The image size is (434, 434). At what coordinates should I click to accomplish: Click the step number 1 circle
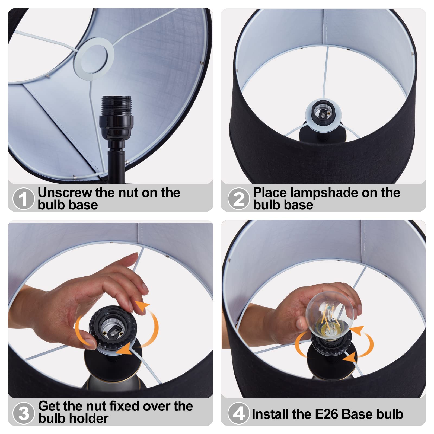pos(23,199)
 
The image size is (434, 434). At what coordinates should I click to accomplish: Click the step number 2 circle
pos(238,199)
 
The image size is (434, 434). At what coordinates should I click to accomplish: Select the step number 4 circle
pos(238,413)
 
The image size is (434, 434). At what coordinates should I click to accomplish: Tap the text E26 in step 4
pos(327,414)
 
